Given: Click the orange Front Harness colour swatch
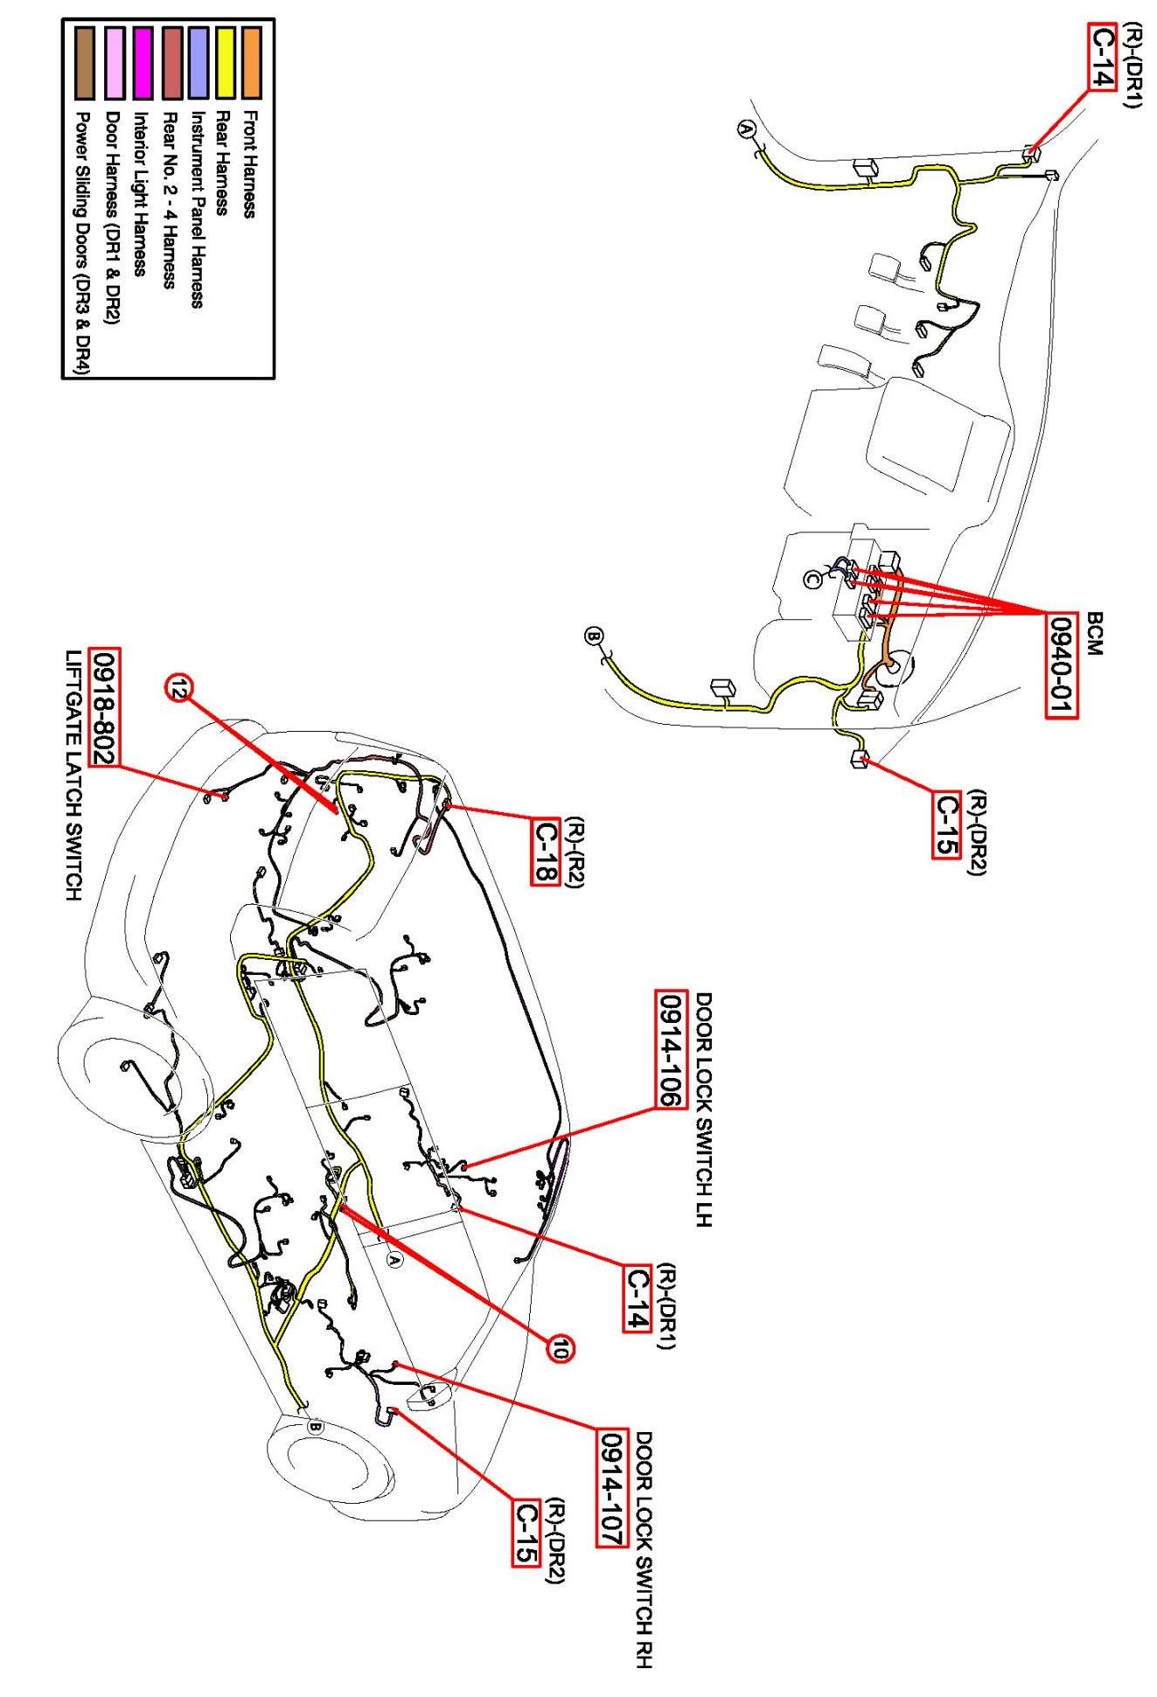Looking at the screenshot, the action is pyautogui.click(x=253, y=61).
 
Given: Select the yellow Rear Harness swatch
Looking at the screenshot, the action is pyautogui.click(x=225, y=61).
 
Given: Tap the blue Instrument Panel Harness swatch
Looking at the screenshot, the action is pyautogui.click(x=199, y=61).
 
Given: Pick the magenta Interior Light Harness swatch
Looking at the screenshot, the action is pyautogui.click(x=143, y=61).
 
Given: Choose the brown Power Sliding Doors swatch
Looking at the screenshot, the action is pyautogui.click(x=86, y=61).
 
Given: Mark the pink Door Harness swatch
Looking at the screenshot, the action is pyautogui.click(x=115, y=61).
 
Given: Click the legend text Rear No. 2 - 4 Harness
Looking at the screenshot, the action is pyautogui.click(x=170, y=200).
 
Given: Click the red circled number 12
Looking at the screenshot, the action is pyautogui.click(x=178, y=688).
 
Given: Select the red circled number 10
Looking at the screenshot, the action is pyautogui.click(x=561, y=1350).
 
